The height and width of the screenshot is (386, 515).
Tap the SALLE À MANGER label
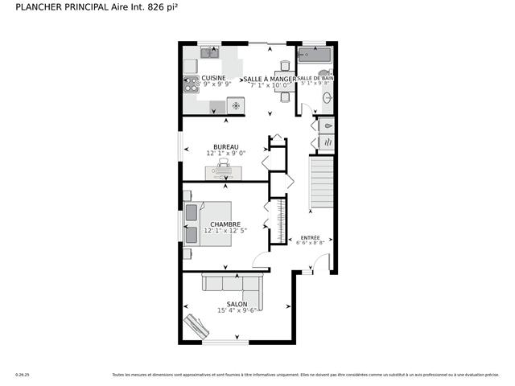270,79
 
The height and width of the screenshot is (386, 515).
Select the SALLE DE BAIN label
316,79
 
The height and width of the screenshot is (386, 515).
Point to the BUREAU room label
225,146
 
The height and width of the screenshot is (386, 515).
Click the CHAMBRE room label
225,224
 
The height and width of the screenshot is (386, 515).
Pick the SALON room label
237,304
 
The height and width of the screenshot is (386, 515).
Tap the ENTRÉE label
310,237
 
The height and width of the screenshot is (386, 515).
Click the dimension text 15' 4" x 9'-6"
237,310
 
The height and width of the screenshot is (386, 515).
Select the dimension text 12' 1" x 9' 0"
225,153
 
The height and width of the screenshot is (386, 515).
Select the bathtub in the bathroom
314,55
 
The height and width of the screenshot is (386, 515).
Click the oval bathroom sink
328,99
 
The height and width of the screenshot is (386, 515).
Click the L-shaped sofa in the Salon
232,283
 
